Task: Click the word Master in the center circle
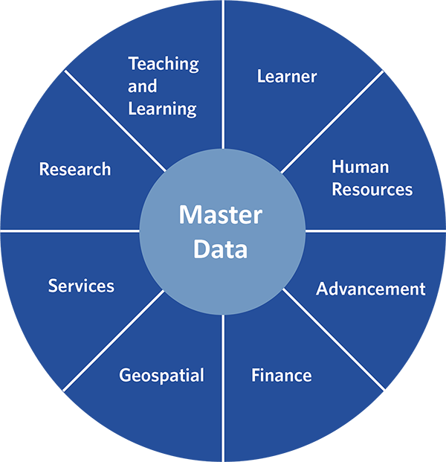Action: pyautogui.click(x=221, y=215)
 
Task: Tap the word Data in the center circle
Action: pyautogui.click(x=221, y=248)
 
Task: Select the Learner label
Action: pyautogui.click(x=287, y=76)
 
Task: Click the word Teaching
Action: pyautogui.click(x=163, y=64)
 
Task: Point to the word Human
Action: pyautogui.click(x=361, y=166)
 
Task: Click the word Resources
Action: pyautogui.click(x=372, y=189)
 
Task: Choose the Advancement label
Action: pyautogui.click(x=371, y=289)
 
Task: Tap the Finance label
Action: pyautogui.click(x=281, y=375)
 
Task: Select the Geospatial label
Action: pyautogui.click(x=161, y=375)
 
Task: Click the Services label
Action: pyautogui.click(x=81, y=286)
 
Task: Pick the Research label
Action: pyautogui.click(x=75, y=170)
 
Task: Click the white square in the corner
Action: pyautogui.click(x=414, y=425)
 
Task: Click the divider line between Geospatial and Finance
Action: pyautogui.click(x=223, y=387)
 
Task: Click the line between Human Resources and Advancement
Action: pyautogui.click(x=375, y=231)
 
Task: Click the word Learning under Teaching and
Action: pyautogui.click(x=162, y=109)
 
